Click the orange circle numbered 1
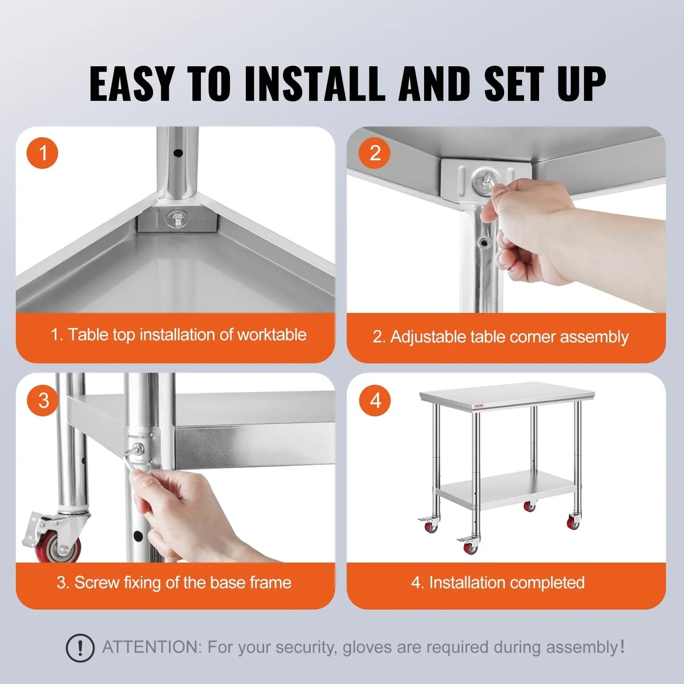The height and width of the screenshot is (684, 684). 42,153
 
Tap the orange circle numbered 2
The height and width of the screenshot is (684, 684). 374,153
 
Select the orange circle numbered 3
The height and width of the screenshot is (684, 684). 43,400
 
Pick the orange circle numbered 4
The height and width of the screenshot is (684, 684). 375,400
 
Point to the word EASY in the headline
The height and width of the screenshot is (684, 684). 131,84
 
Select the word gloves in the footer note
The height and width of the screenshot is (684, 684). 368,648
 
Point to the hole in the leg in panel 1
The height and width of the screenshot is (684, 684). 178,153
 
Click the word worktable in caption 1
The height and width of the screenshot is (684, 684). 272,335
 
